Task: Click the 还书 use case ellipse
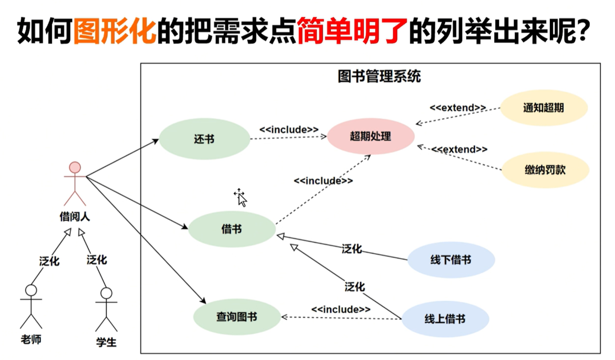coord(204,139)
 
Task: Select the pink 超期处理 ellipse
coord(371,136)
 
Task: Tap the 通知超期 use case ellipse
coord(543,108)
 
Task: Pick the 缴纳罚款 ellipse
coord(545,170)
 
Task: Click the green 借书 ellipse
coord(232,229)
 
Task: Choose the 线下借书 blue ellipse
coord(451,260)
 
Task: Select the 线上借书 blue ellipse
coord(445,319)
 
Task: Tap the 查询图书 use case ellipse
coord(237,316)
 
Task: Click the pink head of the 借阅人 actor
coord(75,167)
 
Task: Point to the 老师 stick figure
coord(31,306)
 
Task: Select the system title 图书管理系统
coord(379,76)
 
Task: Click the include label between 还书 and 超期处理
coord(289,129)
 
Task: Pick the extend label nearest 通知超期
coord(458,108)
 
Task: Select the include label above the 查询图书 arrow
coord(341,309)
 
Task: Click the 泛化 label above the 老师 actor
coord(49,261)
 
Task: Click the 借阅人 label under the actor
coord(75,217)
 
